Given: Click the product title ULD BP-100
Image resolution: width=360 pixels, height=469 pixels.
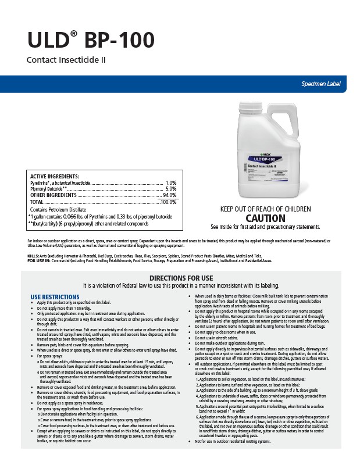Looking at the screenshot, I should tap(90, 40).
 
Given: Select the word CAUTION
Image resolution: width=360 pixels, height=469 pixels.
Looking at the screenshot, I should tap(265, 219).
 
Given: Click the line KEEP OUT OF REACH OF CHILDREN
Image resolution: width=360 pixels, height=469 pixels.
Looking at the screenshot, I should tap(265, 209).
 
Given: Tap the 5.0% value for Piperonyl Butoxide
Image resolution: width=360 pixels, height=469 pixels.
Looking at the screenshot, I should tap(171, 189).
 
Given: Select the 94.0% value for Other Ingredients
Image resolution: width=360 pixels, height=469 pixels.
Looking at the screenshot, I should tap(169, 195).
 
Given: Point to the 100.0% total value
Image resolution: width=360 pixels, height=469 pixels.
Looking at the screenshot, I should tap(168, 202).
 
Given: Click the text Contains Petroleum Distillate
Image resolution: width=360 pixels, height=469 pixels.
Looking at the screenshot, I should tap(60, 209).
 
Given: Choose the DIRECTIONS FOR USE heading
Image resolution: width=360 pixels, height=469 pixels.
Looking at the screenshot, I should tap(180, 278).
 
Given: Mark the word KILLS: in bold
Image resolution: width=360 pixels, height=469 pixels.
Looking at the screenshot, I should tap(34, 256).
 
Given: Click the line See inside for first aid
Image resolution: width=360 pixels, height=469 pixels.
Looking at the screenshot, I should tap(265, 227).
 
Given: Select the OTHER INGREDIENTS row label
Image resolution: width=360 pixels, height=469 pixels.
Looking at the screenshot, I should tap(54, 195).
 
